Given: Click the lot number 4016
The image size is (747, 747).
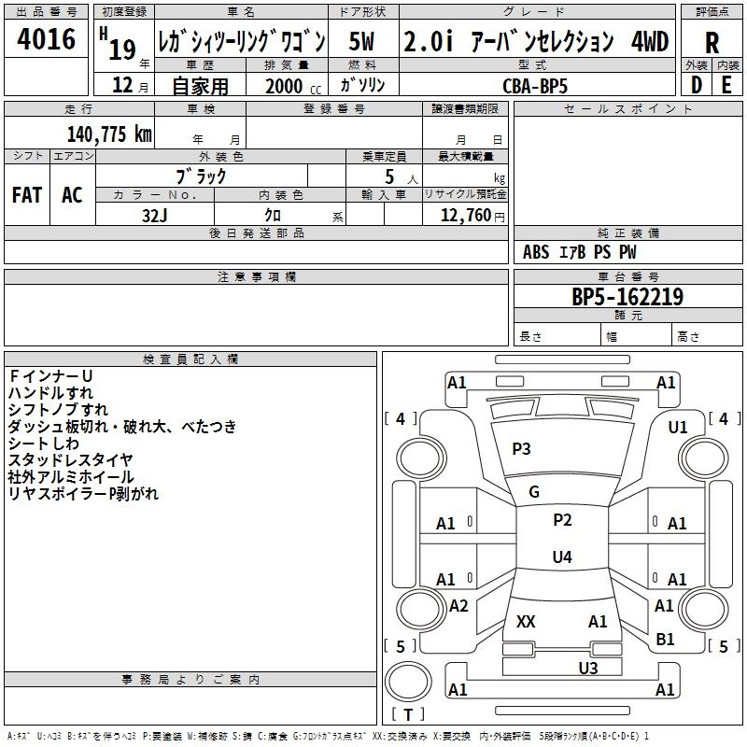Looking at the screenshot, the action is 47,38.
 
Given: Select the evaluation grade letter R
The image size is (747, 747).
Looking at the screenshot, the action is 712,43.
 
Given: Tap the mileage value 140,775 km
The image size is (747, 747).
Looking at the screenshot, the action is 109,134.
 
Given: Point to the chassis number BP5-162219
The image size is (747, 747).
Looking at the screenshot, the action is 627,297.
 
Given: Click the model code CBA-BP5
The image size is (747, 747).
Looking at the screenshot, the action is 534,85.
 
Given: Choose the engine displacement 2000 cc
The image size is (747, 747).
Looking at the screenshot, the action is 289,86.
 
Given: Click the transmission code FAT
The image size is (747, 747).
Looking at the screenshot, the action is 27,194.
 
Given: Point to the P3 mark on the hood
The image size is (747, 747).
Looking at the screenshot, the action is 521,448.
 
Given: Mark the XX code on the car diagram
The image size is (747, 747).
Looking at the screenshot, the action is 526,621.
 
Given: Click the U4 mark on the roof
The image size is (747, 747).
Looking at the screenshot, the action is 561,557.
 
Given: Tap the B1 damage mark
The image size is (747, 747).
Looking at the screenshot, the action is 665,639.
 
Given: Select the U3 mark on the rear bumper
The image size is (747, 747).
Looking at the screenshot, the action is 587,668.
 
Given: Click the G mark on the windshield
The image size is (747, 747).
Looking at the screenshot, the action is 534,492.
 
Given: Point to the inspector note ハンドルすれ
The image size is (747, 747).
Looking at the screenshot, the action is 50,393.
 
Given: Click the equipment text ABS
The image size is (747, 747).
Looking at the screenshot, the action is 536,252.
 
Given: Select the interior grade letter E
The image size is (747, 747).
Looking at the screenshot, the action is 726,84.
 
